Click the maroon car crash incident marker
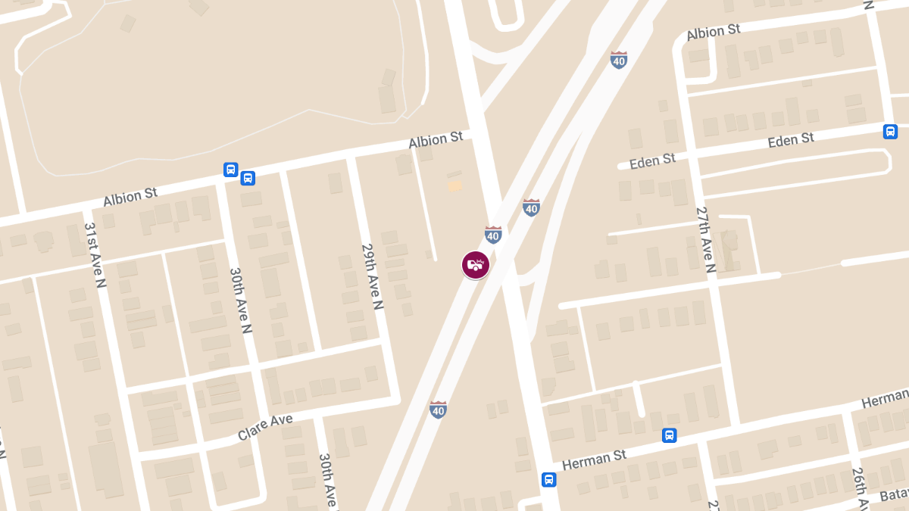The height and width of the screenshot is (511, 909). pyautogui.click(x=476, y=265)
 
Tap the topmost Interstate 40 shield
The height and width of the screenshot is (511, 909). pyautogui.click(x=619, y=60)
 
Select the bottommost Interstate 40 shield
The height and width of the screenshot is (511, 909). pyautogui.click(x=438, y=410)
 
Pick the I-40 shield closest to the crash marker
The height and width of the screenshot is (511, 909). pyautogui.click(x=493, y=235)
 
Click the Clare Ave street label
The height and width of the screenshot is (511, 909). pyautogui.click(x=265, y=428)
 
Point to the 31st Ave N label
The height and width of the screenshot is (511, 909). pyautogui.click(x=95, y=254)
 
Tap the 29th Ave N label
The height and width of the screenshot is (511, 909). pyautogui.click(x=371, y=276)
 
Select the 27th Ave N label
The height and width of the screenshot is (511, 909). pyautogui.click(x=705, y=239)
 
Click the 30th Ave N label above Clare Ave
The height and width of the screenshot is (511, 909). pyautogui.click(x=240, y=300)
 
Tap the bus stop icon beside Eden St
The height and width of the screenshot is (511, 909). pyautogui.click(x=890, y=131)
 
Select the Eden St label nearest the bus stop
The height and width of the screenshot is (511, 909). pyautogui.click(x=791, y=140)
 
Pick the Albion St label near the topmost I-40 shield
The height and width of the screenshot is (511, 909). pyautogui.click(x=713, y=31)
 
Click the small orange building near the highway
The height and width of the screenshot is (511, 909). pyautogui.click(x=454, y=185)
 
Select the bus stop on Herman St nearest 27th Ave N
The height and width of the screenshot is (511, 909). pyautogui.click(x=669, y=435)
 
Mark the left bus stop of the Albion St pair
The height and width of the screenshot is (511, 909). pyautogui.click(x=230, y=170)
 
